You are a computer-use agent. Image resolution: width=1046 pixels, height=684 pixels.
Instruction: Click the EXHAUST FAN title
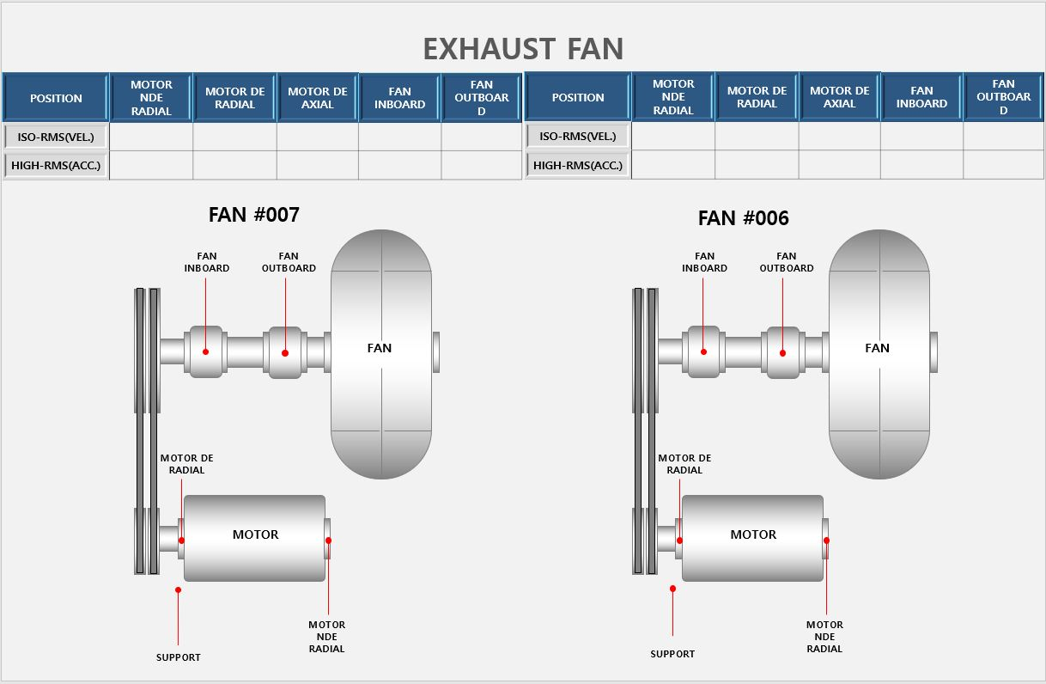pyautogui.click(x=523, y=49)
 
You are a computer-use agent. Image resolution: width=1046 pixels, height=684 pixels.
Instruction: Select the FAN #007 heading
pyautogui.click(x=253, y=215)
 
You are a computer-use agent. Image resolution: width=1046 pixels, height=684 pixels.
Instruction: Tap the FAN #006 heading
pyautogui.click(x=743, y=218)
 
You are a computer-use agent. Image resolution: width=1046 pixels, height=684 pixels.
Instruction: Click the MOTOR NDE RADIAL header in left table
pyautogui.click(x=151, y=98)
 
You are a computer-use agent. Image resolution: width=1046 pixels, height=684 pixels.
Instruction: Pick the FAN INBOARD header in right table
pyautogui.click(x=921, y=97)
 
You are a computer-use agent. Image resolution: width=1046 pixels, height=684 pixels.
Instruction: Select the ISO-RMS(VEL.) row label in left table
pyautogui.click(x=55, y=137)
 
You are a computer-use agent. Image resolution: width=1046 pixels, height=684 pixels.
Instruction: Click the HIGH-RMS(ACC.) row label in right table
pyautogui.click(x=578, y=165)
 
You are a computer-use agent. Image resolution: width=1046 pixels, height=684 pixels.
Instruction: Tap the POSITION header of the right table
pyautogui.click(x=578, y=97)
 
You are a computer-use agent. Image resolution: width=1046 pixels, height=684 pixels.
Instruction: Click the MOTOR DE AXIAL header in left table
pyautogui.click(x=318, y=98)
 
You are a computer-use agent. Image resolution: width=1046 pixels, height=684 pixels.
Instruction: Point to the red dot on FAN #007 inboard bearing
pyautogui.click(x=206, y=351)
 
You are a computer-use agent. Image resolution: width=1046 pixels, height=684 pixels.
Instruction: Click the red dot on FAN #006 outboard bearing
pyautogui.click(x=783, y=352)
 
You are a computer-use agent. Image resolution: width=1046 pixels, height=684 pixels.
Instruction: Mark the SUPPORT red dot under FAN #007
pyautogui.click(x=178, y=589)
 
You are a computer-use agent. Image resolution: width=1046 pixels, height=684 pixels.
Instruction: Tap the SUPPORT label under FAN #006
pyautogui.click(x=672, y=654)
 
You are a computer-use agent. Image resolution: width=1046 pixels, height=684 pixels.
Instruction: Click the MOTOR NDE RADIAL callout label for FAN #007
pyautogui.click(x=326, y=637)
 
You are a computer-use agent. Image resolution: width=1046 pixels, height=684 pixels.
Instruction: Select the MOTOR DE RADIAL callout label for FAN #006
pyautogui.click(x=684, y=464)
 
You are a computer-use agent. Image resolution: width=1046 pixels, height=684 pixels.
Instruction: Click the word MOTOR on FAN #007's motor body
pyautogui.click(x=255, y=534)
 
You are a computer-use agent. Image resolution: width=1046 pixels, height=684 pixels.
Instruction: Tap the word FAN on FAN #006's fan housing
pyautogui.click(x=877, y=348)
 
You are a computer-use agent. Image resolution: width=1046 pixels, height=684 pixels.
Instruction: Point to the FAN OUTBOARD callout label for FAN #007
pyautogui.click(x=289, y=262)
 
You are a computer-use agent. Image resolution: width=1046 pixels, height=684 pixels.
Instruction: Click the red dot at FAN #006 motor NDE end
pyautogui.click(x=827, y=540)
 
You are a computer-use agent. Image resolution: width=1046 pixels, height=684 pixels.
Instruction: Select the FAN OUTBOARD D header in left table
pyautogui.click(x=482, y=98)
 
